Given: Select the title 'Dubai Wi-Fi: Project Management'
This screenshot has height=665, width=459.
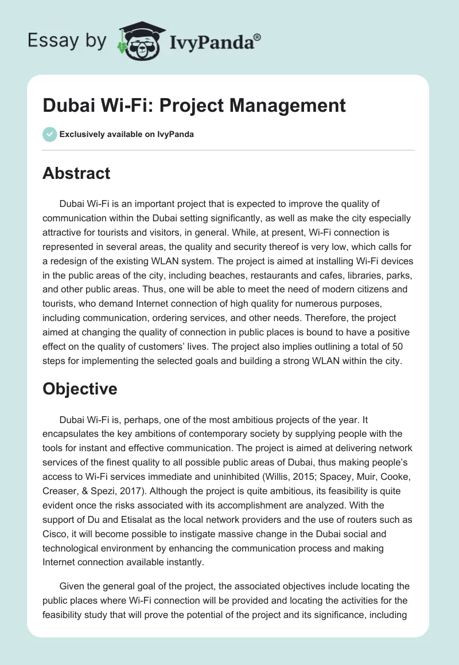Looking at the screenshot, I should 194,105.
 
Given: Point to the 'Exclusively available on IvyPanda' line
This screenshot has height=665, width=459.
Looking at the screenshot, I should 127,134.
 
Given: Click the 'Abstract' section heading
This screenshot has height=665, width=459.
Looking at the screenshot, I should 76,173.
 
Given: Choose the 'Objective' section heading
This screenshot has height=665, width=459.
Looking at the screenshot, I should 80,389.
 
